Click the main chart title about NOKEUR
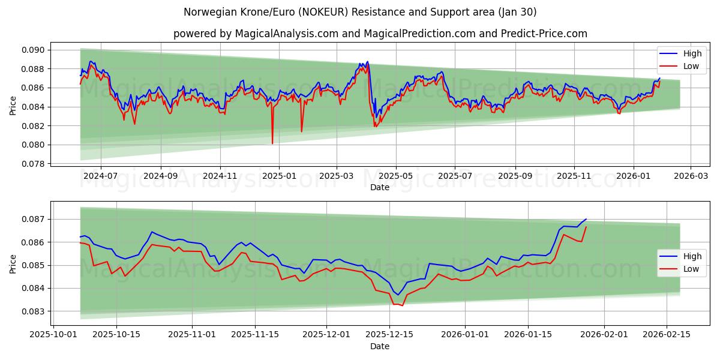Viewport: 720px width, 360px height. click(360, 12)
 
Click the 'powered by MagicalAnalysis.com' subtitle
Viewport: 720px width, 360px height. click(380, 34)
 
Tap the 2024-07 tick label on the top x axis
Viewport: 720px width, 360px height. click(100, 176)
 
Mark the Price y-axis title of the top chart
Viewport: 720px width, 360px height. click(13, 106)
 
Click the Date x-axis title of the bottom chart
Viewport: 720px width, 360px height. click(380, 346)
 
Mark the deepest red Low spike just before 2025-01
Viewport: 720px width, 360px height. click(272, 143)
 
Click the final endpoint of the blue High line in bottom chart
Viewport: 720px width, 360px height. click(586, 219)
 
